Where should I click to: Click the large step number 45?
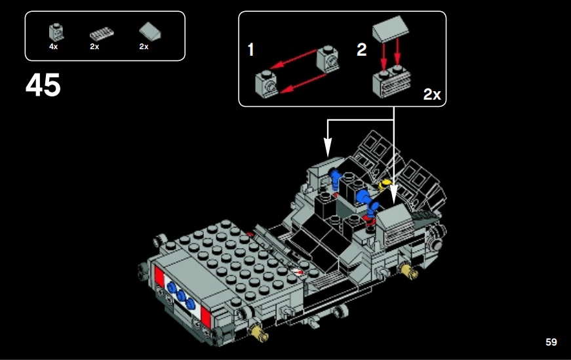pyautogui.click(x=43, y=85)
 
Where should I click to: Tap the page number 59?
pyautogui.click(x=551, y=342)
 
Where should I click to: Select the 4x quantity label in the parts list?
pyautogui.click(x=53, y=47)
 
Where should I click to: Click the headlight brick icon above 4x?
pyautogui.click(x=54, y=31)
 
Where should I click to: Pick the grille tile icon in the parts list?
pyautogui.click(x=101, y=34)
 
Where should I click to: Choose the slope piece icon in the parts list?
pyautogui.click(x=149, y=31)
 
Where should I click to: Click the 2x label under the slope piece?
pyautogui.click(x=144, y=47)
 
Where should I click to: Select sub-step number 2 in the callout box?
pyautogui.click(x=361, y=50)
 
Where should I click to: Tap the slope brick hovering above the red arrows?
pyautogui.click(x=390, y=29)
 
